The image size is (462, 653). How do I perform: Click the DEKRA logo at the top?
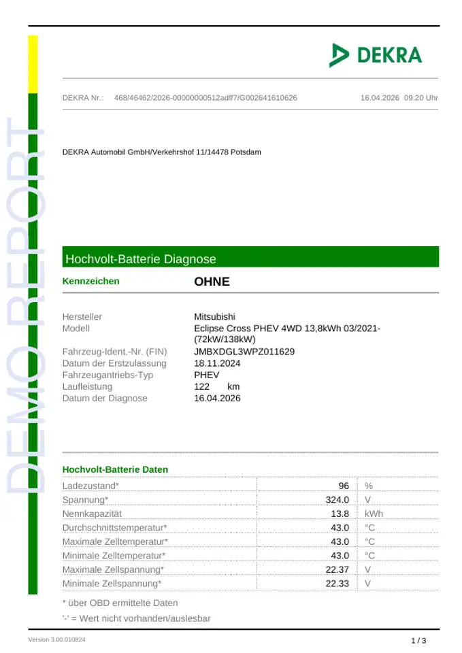coord(375,55)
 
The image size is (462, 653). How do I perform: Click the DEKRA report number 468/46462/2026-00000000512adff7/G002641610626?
coord(205,98)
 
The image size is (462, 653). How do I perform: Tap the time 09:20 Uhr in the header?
coord(421,98)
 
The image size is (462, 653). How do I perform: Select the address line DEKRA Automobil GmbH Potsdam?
coord(161,152)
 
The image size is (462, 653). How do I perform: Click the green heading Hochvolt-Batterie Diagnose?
coord(141,259)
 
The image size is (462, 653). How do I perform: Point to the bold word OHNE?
coord(212,282)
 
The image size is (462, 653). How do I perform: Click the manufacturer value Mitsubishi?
coord(215,317)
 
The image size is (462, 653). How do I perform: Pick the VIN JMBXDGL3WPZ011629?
coord(244,352)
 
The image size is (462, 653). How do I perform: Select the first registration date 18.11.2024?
coord(217,363)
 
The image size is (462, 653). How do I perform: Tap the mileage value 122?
coord(202,386)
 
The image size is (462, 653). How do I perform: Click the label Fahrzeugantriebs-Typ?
coord(108,375)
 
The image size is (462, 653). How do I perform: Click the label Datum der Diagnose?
coord(105,398)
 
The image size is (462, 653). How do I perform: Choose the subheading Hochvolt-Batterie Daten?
coord(115,469)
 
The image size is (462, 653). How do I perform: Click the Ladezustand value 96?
coord(344,486)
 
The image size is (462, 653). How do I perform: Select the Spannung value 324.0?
coord(337,500)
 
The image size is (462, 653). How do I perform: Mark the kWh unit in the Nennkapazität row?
coord(374,514)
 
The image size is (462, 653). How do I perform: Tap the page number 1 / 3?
coord(418,641)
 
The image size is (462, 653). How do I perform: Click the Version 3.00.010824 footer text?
coord(56,640)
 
